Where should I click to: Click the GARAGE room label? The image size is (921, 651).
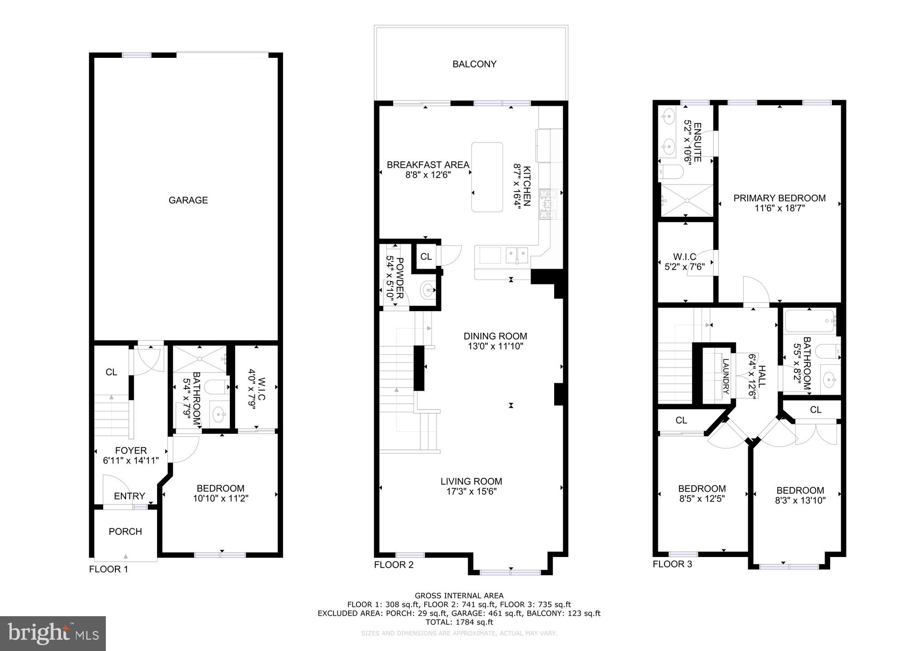188,200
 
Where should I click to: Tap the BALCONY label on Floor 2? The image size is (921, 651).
474,64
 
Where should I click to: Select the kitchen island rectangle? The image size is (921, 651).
487,177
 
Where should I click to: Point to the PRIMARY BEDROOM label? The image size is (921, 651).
779,198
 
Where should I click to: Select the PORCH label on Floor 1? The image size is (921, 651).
125,532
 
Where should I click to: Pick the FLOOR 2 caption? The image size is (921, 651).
394,565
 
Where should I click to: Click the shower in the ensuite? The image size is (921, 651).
686,200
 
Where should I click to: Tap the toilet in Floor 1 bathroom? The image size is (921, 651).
217,387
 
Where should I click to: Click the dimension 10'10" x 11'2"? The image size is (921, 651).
221,499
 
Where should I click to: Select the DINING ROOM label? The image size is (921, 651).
495,336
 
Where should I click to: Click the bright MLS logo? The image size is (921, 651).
52,633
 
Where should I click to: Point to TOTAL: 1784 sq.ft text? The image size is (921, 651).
459,622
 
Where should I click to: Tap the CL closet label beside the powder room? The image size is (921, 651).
426,257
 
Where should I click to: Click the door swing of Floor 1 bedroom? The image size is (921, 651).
185,450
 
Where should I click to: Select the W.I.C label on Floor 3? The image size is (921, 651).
684,257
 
